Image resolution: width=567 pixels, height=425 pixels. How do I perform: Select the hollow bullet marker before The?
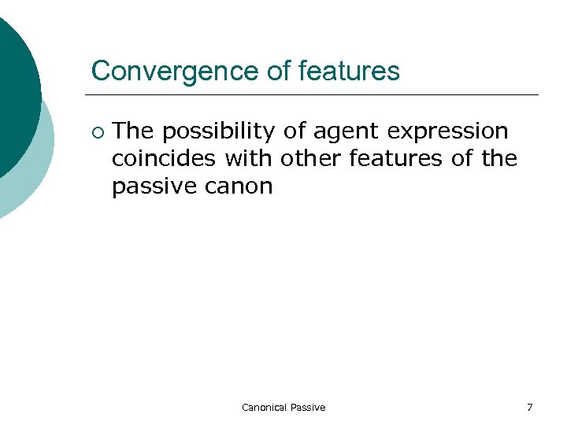click(96, 131)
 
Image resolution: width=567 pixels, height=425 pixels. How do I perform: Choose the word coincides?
click(164, 158)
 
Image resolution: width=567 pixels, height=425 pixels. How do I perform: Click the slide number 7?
click(529, 407)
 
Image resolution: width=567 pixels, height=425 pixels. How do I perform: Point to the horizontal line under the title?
click(315, 95)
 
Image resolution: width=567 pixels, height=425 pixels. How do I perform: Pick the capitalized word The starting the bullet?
click(133, 131)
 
